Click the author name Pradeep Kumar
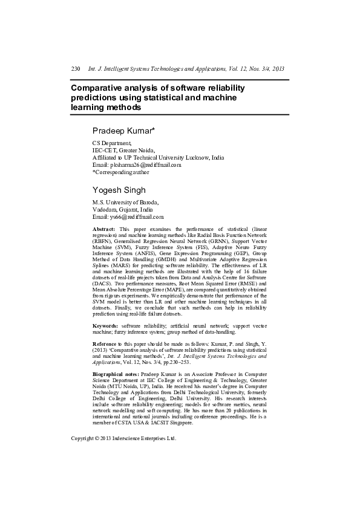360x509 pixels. (124, 131)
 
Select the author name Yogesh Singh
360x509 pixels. (119, 190)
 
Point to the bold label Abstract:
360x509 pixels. (103, 230)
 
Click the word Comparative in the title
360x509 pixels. (96, 88)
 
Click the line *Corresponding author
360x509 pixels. (120, 172)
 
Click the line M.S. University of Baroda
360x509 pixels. (125, 202)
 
